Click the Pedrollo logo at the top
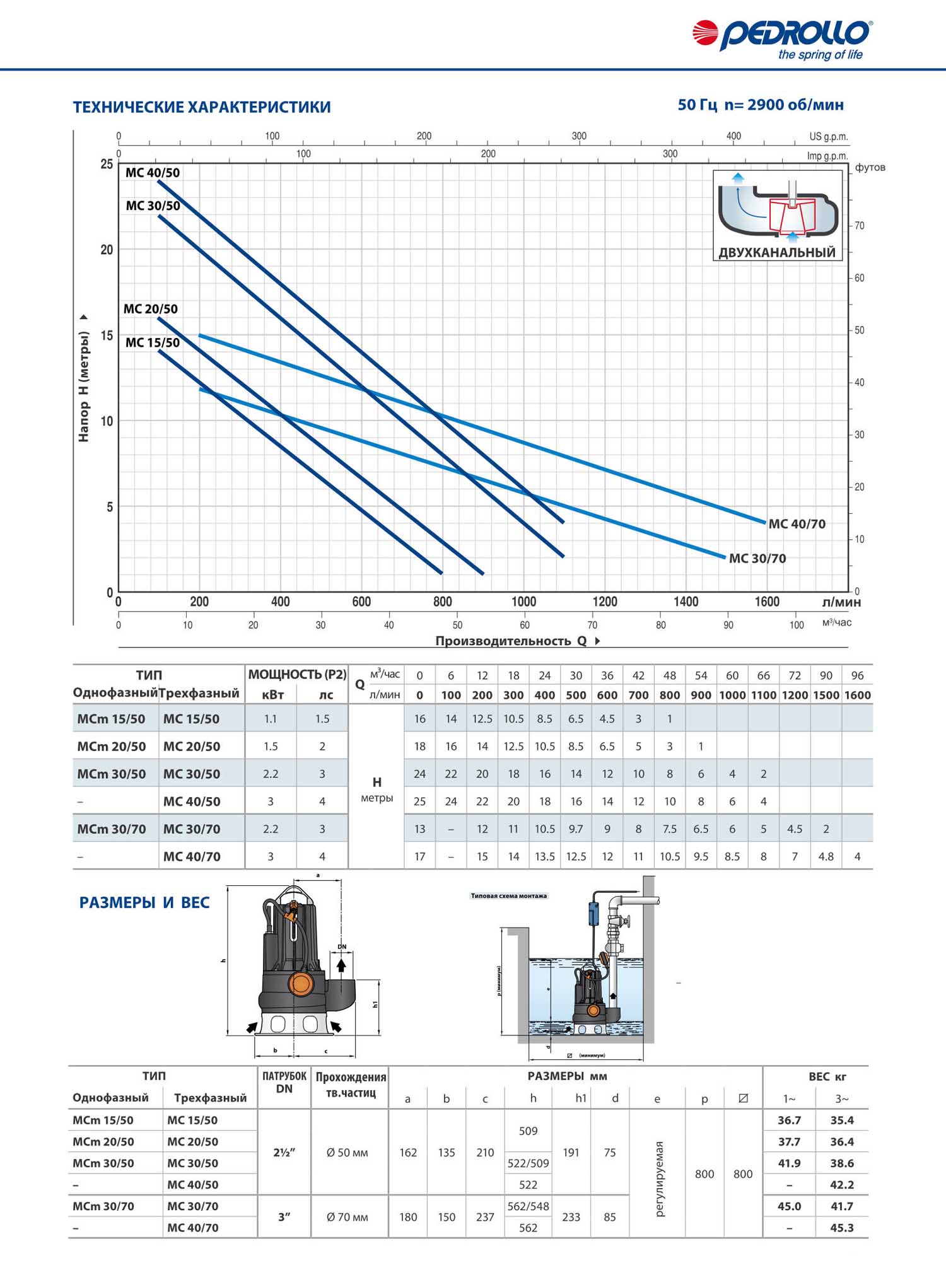point(782,38)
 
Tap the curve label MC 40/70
point(797,524)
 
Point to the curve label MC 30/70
point(757,559)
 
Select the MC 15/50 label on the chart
point(153,343)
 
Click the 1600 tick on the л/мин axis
point(767,602)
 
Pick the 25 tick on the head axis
point(107,165)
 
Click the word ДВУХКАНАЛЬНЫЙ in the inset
point(777,253)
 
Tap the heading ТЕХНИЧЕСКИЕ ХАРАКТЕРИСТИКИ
point(202,107)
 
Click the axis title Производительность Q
point(511,641)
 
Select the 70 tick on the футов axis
point(859,226)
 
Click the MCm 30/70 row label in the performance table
point(111,829)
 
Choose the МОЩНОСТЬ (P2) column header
point(297,675)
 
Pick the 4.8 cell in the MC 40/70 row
point(826,857)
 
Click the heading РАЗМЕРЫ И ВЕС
point(144,903)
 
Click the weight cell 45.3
point(841,1228)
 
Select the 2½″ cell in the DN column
point(284,1153)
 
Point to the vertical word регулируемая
point(660,1179)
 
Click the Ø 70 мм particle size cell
point(347,1217)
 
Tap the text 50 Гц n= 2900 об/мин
point(761,105)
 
